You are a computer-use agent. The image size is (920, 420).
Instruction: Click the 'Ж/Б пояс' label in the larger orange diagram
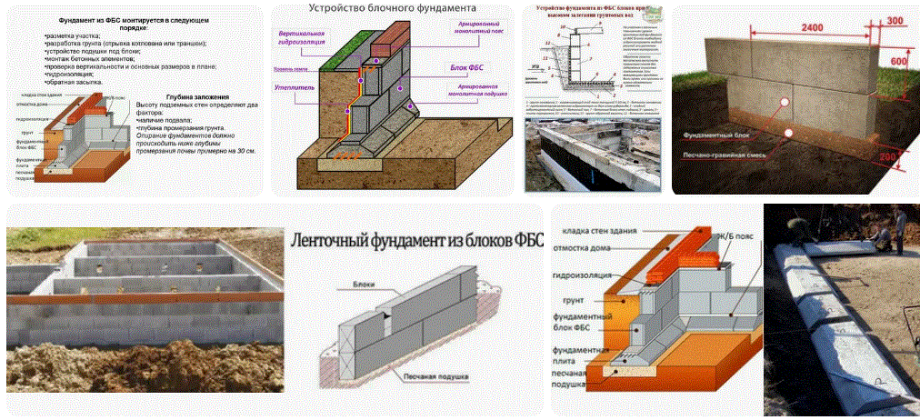tap(728, 239)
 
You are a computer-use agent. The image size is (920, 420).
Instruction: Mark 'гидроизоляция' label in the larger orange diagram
tap(583, 273)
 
